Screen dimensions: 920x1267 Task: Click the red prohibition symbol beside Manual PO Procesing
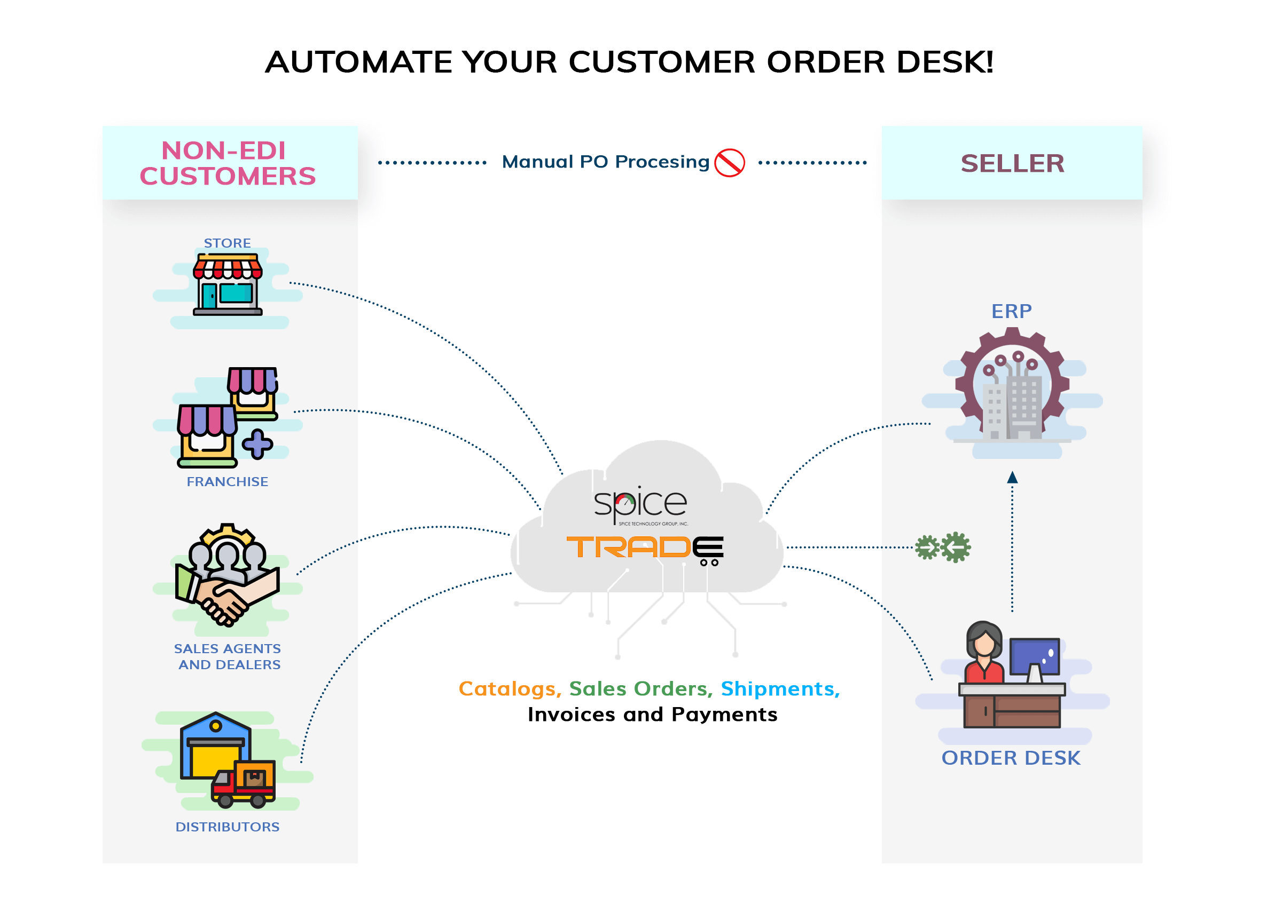click(x=730, y=163)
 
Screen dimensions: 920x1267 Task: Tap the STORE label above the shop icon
click(x=228, y=243)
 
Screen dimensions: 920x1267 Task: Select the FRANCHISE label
click(x=228, y=482)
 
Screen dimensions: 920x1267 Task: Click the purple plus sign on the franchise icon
click(x=257, y=445)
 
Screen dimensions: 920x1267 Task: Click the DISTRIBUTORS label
click(x=228, y=827)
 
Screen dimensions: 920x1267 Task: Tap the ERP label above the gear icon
click(x=1012, y=312)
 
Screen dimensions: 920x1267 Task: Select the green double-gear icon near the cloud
click(x=943, y=548)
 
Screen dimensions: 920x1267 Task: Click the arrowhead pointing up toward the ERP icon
click(x=1013, y=478)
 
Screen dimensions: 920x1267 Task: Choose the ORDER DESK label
click(x=1011, y=759)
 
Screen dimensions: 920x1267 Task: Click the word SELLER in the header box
click(x=1013, y=164)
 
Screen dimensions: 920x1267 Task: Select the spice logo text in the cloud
click(x=640, y=504)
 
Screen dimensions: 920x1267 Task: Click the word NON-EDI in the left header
click(x=223, y=150)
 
